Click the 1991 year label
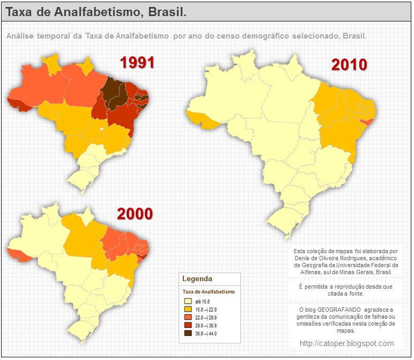[x=137, y=63]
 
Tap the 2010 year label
[x=349, y=65]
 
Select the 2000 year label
[x=135, y=214]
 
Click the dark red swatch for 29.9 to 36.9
[x=188, y=325]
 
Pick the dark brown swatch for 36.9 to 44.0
[x=188, y=333]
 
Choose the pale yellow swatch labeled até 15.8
[x=188, y=302]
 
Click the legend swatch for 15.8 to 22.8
[x=188, y=310]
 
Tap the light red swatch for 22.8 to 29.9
[x=188, y=318]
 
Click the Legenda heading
[x=197, y=279]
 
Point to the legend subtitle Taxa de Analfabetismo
[x=209, y=291]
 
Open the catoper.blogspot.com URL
[x=346, y=343]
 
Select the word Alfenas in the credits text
[x=305, y=272]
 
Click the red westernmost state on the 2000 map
[x=19, y=255]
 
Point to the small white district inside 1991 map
[x=102, y=129]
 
